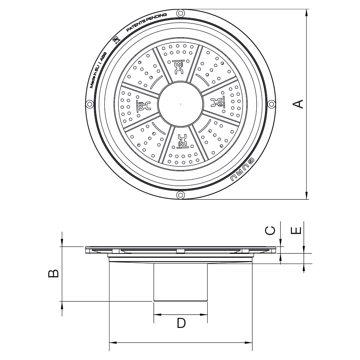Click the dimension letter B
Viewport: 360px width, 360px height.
click(x=53, y=274)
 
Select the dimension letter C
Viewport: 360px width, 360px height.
click(x=271, y=230)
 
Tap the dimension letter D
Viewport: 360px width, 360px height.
click(x=181, y=323)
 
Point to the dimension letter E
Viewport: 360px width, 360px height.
click(x=296, y=230)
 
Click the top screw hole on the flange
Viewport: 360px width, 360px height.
click(x=180, y=14)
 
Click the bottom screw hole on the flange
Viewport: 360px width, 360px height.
click(x=180, y=195)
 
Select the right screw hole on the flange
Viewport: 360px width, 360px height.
click(x=271, y=104)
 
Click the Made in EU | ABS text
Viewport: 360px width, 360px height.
click(x=97, y=71)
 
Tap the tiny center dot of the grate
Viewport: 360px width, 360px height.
click(x=180, y=104)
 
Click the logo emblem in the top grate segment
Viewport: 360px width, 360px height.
click(x=178, y=66)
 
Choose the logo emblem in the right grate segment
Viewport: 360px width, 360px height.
click(x=218, y=102)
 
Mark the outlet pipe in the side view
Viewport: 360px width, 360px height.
click(x=181, y=282)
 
